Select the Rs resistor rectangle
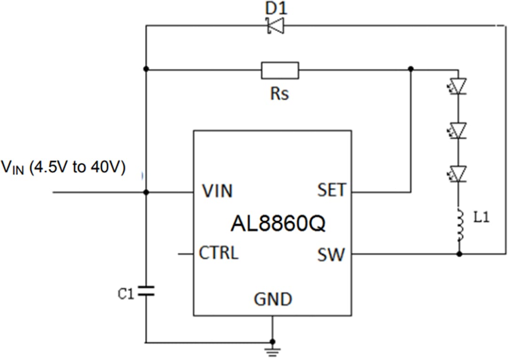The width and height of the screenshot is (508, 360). coord(280,70)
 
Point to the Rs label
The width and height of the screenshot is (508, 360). coord(280,93)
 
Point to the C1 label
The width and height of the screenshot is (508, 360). coord(126,295)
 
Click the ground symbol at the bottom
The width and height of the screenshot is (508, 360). coord(273,349)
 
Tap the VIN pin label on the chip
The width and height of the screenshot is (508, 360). coord(217,191)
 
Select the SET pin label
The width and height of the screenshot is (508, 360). coord(331,190)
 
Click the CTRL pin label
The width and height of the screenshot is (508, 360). coord(219,253)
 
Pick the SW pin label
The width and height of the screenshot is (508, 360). coord(331,255)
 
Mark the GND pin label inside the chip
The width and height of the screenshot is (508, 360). coord(273,299)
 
